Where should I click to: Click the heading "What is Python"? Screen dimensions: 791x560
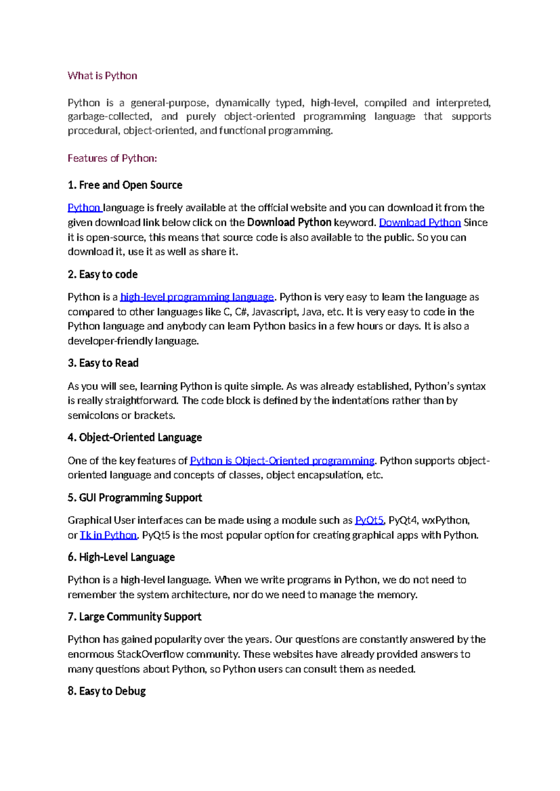tap(102, 76)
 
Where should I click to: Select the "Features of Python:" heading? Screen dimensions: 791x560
tap(112, 158)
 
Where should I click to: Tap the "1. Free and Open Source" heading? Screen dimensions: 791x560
tap(125, 185)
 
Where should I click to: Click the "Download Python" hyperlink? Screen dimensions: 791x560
tap(420, 222)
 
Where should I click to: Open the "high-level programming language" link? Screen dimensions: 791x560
tap(197, 297)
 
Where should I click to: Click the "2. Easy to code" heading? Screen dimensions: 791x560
tap(103, 274)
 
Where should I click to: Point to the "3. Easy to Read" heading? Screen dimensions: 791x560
tap(103, 363)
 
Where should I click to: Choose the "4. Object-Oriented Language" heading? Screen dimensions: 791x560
tap(134, 437)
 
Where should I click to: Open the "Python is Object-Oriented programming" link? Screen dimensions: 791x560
tap(282, 461)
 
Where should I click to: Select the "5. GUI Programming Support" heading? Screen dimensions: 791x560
tap(134, 498)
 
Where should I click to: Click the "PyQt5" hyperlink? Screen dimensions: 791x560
tap(369, 520)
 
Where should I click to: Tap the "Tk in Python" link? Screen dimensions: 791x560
tap(108, 535)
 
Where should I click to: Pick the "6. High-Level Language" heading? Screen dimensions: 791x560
tap(121, 557)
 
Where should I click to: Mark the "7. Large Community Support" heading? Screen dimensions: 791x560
tap(134, 617)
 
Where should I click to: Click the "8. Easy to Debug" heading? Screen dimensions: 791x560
tap(106, 691)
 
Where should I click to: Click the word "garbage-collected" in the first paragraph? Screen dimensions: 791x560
tap(109, 117)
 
